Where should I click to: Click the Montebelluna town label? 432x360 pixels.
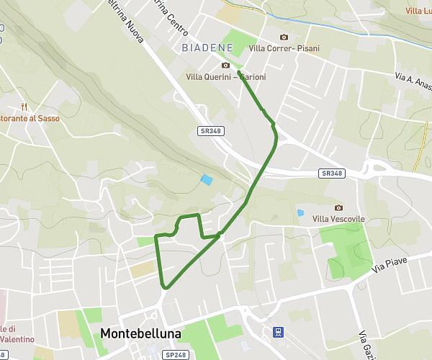pyautogui.click(x=141, y=334)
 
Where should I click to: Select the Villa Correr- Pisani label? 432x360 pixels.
pyautogui.click(x=284, y=48)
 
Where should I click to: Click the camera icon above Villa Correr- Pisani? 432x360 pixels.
pyautogui.click(x=284, y=37)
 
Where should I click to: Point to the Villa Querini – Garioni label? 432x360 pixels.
pyautogui.click(x=225, y=77)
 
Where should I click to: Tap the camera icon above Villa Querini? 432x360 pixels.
pyautogui.click(x=225, y=66)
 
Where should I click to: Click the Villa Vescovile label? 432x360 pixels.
pyautogui.click(x=339, y=219)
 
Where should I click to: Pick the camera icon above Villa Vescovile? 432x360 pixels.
pyautogui.click(x=339, y=207)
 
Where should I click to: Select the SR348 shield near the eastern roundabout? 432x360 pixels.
pyautogui.click(x=332, y=174)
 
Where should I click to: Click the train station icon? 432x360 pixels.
pyautogui.click(x=277, y=333)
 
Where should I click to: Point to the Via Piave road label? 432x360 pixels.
pyautogui.click(x=390, y=263)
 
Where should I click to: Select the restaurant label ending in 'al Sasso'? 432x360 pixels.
pyautogui.click(x=30, y=117)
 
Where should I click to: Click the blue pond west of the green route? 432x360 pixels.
pyautogui.click(x=207, y=180)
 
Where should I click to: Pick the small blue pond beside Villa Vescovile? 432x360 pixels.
pyautogui.click(x=300, y=213)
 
